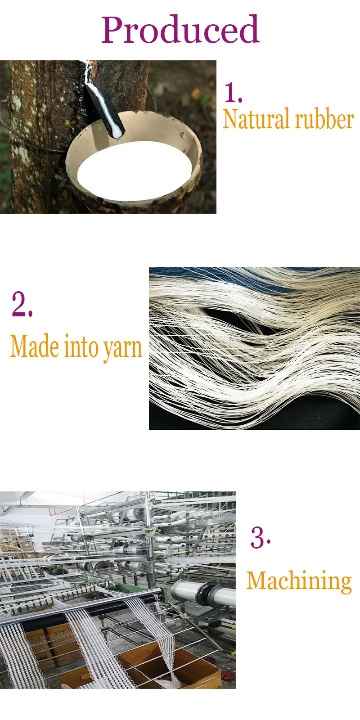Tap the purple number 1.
coord(232,93)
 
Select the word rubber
coord(324,119)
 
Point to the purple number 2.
coord(22,304)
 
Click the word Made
coord(35,346)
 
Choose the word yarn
coord(122,349)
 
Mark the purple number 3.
coord(261,537)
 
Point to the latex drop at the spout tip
coord(118,139)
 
